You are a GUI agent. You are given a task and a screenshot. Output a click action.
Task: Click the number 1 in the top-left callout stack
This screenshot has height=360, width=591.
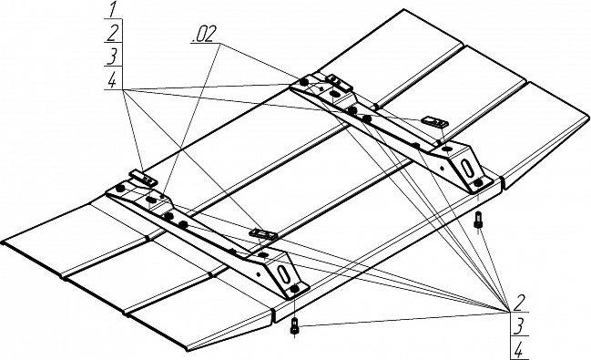[x=112, y=9]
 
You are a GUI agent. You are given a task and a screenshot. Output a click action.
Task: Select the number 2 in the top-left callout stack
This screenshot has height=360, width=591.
[x=113, y=33]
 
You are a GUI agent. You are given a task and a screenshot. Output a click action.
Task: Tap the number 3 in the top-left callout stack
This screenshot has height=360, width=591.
[x=112, y=56]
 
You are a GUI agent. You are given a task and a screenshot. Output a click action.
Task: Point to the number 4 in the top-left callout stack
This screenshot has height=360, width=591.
[x=112, y=80]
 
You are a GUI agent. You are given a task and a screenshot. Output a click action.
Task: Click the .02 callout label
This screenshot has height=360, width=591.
[x=204, y=35]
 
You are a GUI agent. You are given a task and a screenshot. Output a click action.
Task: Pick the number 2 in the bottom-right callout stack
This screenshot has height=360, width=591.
[x=519, y=303]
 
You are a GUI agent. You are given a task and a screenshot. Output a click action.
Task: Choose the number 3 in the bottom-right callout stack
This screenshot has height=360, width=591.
[x=518, y=326]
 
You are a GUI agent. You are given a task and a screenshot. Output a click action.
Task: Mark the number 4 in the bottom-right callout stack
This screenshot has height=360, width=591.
[x=518, y=351]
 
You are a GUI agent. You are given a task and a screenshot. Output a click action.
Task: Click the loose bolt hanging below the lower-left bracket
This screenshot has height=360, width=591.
[x=294, y=325]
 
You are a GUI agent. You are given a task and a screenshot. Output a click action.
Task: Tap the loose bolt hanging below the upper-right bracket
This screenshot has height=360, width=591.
[x=477, y=220]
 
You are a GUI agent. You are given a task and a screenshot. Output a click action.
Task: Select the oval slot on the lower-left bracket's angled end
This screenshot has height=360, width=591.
[x=283, y=273]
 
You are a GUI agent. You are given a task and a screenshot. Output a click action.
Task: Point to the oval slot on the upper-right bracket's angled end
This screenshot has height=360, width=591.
[x=467, y=168]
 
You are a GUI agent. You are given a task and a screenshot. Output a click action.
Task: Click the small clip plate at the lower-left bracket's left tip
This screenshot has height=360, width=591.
[x=143, y=179]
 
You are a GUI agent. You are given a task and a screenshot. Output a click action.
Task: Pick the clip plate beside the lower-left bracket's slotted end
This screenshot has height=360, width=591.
[x=263, y=234]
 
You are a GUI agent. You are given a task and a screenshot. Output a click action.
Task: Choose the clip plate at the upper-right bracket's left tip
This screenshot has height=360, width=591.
[x=339, y=82]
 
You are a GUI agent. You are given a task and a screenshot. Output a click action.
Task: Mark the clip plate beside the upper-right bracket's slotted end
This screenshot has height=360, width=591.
[x=434, y=121]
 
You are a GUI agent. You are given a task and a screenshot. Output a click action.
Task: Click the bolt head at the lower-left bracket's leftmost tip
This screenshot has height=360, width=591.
[x=120, y=189]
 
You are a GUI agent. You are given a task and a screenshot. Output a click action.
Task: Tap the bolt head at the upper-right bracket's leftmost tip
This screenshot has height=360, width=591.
[x=303, y=81]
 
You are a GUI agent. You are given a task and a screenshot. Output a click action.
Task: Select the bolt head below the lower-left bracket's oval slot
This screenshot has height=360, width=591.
[x=295, y=289]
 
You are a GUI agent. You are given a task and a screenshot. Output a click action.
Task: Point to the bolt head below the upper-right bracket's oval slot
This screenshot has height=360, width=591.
[x=478, y=183]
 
